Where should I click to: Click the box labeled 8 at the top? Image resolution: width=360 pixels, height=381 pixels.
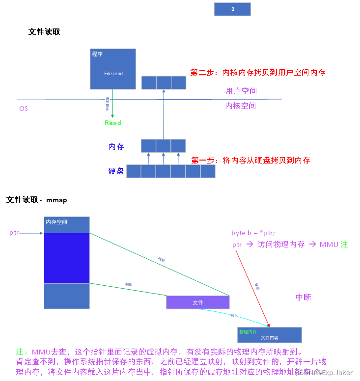[x=232, y=9]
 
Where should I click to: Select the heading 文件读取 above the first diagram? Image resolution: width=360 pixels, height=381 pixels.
[x=44, y=32]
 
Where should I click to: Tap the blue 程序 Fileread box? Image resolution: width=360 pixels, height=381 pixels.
[x=113, y=69]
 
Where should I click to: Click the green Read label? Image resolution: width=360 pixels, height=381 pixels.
[x=113, y=123]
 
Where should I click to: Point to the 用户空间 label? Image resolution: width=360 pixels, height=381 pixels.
[x=241, y=91]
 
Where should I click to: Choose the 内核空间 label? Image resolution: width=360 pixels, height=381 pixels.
[x=241, y=106]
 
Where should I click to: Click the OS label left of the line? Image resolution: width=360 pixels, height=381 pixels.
[x=24, y=109]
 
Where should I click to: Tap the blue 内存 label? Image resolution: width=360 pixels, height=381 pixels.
[x=116, y=146]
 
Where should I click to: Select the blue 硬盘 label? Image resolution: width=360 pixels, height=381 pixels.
[x=116, y=171]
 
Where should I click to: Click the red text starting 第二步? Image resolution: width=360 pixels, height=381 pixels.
[x=257, y=73]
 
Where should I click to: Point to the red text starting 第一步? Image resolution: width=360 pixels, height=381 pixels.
[x=250, y=161]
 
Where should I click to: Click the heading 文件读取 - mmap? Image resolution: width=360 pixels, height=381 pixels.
[x=37, y=200]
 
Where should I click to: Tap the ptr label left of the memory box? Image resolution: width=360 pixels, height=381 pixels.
[x=14, y=233]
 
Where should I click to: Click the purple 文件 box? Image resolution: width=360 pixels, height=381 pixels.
[x=197, y=302]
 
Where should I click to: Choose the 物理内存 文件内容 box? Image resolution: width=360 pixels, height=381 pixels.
[x=269, y=335]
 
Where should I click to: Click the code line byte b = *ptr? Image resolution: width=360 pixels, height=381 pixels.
[x=253, y=233]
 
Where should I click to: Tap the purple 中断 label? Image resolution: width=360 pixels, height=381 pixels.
[x=303, y=298]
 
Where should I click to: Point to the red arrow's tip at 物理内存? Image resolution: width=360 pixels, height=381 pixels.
[x=269, y=327]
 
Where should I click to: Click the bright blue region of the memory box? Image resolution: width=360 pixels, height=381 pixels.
[x=67, y=258]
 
